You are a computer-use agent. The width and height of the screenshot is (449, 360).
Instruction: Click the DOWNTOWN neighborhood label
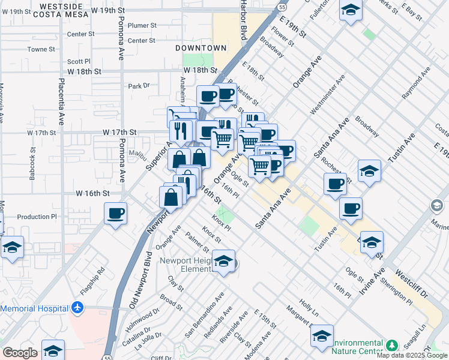[x=201, y=47]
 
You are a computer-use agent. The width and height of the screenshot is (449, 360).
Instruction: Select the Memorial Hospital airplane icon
[x=77, y=308]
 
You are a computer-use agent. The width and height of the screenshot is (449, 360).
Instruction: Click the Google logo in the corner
[x=20, y=353]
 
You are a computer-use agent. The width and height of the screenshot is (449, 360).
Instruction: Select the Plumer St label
[x=142, y=26]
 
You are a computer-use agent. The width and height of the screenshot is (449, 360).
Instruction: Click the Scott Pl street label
[x=79, y=61]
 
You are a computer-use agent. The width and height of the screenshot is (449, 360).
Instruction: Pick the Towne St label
[x=41, y=49]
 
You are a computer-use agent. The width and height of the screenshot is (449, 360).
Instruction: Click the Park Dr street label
[x=139, y=86]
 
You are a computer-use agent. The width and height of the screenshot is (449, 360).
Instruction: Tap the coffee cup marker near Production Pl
[x=116, y=213]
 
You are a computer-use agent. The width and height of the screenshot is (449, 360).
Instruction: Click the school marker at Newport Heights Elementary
[x=223, y=262]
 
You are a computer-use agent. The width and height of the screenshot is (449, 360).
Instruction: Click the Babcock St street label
[x=34, y=166]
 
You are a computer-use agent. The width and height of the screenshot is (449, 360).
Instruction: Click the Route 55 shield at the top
[x=282, y=7]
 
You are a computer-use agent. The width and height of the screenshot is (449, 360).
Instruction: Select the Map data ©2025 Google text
[x=412, y=355]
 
